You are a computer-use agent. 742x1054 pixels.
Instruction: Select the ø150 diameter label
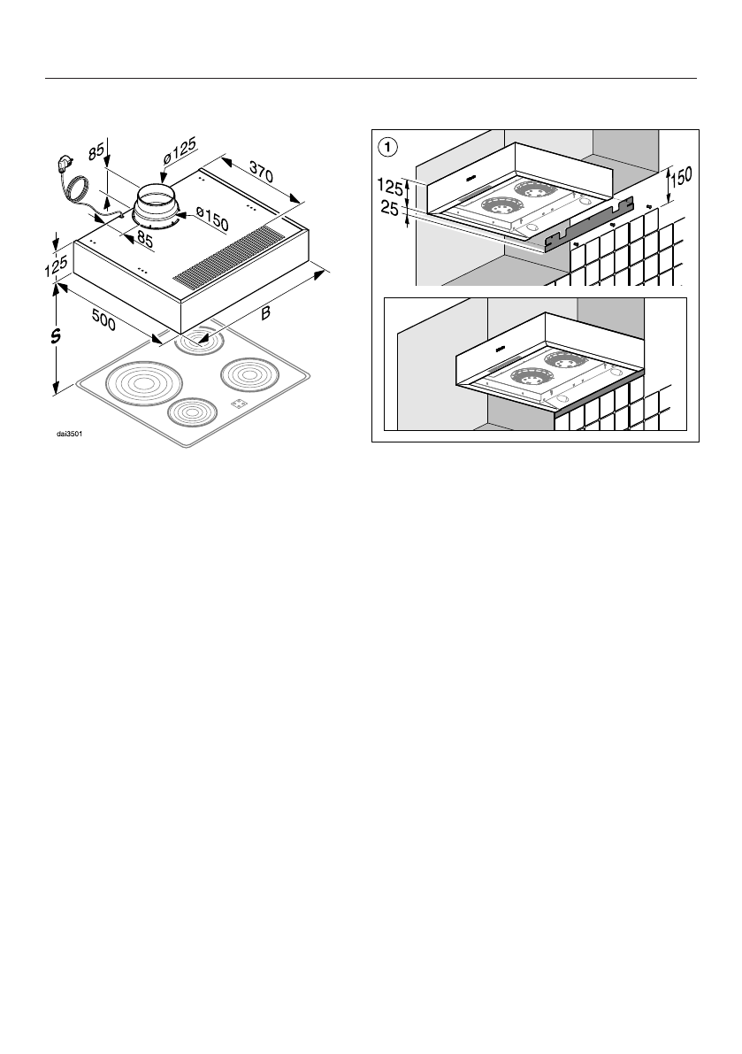pos(213,219)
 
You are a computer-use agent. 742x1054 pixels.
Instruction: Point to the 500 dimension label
pos(105,318)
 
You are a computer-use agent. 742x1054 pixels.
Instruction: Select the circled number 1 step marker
pos(386,145)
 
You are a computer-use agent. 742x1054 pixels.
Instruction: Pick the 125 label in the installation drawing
pos(390,188)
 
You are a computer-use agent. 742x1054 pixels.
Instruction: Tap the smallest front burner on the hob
pos(192,412)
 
